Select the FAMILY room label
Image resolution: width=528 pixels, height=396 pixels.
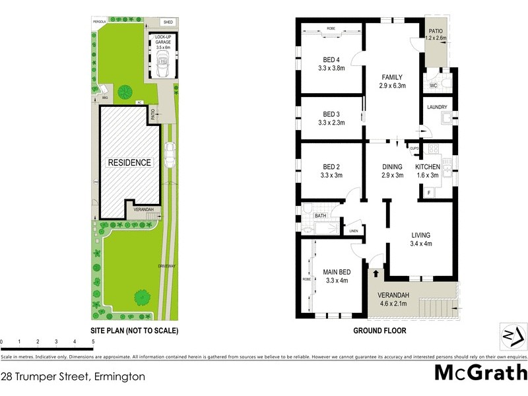[x=391, y=76]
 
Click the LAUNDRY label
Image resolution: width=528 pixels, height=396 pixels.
[x=438, y=107]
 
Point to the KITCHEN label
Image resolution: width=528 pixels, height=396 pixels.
[x=427, y=167]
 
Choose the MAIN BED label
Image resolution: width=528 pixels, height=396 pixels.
[x=337, y=272]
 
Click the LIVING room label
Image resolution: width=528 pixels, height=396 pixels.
[x=420, y=235]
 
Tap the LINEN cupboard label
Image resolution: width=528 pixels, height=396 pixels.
[x=354, y=230]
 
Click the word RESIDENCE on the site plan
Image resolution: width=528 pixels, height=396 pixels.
[x=129, y=162]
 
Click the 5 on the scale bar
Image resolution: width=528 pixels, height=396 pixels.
[x=93, y=341]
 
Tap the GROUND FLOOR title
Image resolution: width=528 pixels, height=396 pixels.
[x=379, y=331]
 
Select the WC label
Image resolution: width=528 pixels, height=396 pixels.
[x=434, y=86]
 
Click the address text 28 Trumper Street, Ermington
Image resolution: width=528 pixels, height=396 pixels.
[x=73, y=377]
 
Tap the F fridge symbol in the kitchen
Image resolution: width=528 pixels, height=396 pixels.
[x=429, y=192]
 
